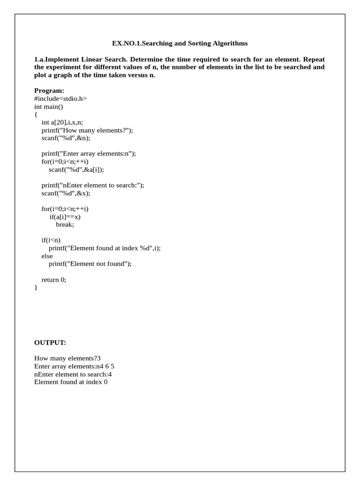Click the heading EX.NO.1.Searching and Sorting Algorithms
(x=180, y=44)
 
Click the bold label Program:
(x=49, y=90)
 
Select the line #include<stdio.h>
(x=60, y=98)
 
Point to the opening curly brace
(x=36, y=114)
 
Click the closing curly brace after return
(x=36, y=287)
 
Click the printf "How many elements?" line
(x=87, y=130)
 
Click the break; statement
(x=65, y=225)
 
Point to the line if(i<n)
(x=51, y=240)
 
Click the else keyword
(x=47, y=256)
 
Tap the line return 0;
(x=54, y=279)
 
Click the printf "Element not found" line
(x=90, y=264)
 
